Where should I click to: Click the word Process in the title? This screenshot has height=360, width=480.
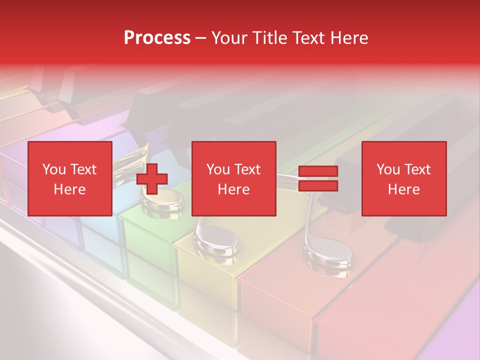point(157,37)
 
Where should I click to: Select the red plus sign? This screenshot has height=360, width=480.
point(152,179)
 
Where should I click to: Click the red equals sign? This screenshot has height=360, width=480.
point(318,178)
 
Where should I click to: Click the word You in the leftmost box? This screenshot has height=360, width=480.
point(52,169)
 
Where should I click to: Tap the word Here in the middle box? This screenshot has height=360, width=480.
point(233,189)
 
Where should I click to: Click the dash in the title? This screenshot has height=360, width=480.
point(201,37)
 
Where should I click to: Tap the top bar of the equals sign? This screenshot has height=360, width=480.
point(318,171)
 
